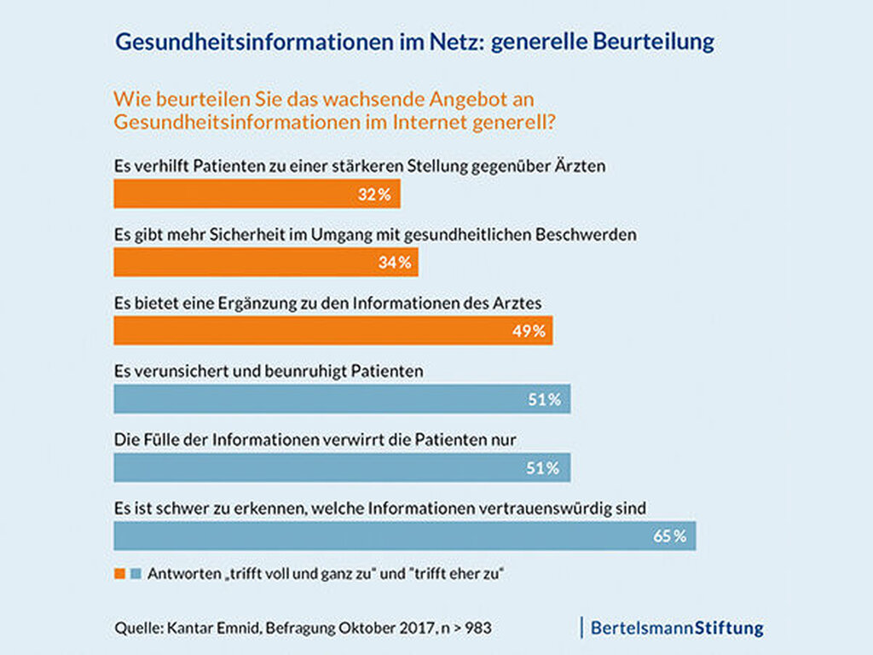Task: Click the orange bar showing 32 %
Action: [x=256, y=194]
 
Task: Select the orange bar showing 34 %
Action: [x=265, y=262]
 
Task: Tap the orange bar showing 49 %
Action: [x=332, y=330]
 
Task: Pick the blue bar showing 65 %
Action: [x=404, y=536]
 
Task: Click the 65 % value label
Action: [x=669, y=536]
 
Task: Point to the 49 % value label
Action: [x=529, y=331]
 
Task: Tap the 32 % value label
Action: [x=374, y=194]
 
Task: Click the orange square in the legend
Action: [x=119, y=574]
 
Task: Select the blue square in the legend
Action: [x=135, y=574]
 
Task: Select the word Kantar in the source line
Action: [x=184, y=629]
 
